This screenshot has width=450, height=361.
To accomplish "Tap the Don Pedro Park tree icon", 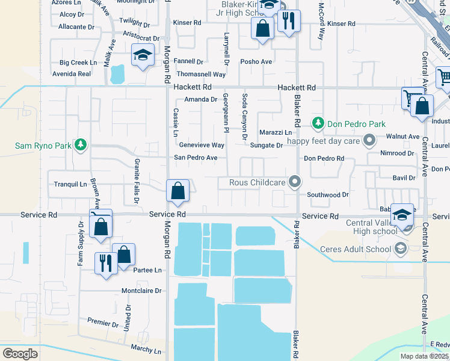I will click(318, 123).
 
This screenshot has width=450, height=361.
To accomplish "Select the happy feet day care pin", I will click(370, 141).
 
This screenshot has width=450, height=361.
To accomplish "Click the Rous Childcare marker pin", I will click(294, 181).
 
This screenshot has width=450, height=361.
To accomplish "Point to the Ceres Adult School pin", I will click(399, 248).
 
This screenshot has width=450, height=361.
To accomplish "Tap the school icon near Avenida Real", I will click(143, 55).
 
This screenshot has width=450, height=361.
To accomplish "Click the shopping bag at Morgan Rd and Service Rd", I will click(178, 191).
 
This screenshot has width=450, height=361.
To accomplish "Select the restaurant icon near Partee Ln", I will click(106, 263).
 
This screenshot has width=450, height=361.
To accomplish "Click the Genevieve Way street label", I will click(202, 145).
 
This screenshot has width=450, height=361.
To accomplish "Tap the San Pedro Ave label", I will click(196, 158).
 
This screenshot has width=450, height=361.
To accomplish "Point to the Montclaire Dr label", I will click(141, 291).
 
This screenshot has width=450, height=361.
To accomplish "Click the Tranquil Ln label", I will click(71, 184).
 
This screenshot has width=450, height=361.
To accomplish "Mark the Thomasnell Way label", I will click(201, 74).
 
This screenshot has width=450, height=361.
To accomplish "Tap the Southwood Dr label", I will click(328, 195).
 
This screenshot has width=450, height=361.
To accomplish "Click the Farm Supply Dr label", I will click(81, 242).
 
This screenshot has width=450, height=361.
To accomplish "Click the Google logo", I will click(20, 353).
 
